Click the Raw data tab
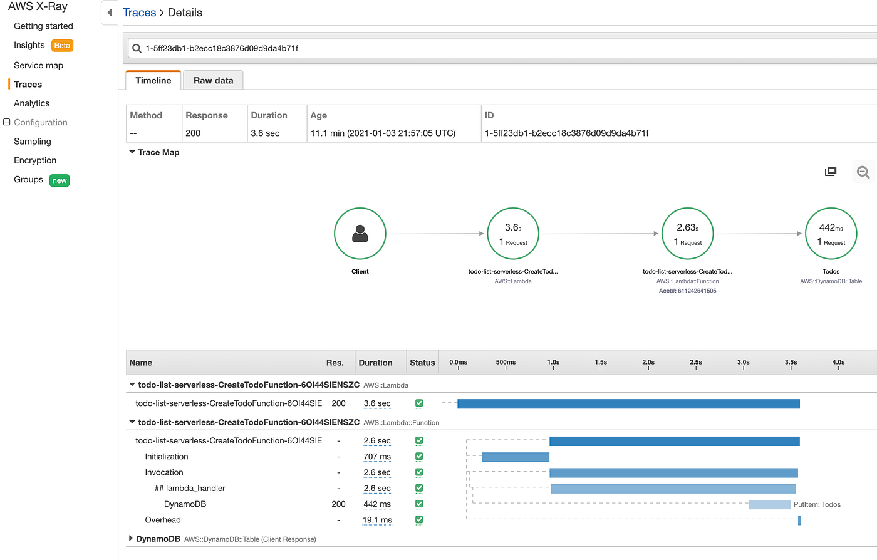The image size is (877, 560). [213, 80]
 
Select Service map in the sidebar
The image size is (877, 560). [38, 65]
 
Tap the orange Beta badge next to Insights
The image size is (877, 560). [62, 46]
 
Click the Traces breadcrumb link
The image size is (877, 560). [139, 13]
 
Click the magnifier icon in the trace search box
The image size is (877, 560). [137, 48]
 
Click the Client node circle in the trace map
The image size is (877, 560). [360, 234]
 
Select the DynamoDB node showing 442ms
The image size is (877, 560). [831, 234]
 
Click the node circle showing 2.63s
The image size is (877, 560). [687, 234]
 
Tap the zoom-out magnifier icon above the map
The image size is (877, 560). [863, 172]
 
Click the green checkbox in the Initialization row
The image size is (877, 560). [419, 457]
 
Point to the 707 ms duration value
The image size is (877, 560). [377, 457]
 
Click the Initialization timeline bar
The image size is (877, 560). [516, 457]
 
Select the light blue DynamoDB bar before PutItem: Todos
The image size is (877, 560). [769, 504]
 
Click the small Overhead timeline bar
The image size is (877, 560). [799, 521]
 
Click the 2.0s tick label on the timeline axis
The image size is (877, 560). [648, 362]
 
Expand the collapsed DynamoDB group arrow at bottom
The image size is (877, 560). [131, 538]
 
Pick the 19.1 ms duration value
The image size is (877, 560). [377, 520]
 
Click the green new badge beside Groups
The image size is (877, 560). [60, 180]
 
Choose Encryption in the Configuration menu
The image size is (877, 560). [35, 160]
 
